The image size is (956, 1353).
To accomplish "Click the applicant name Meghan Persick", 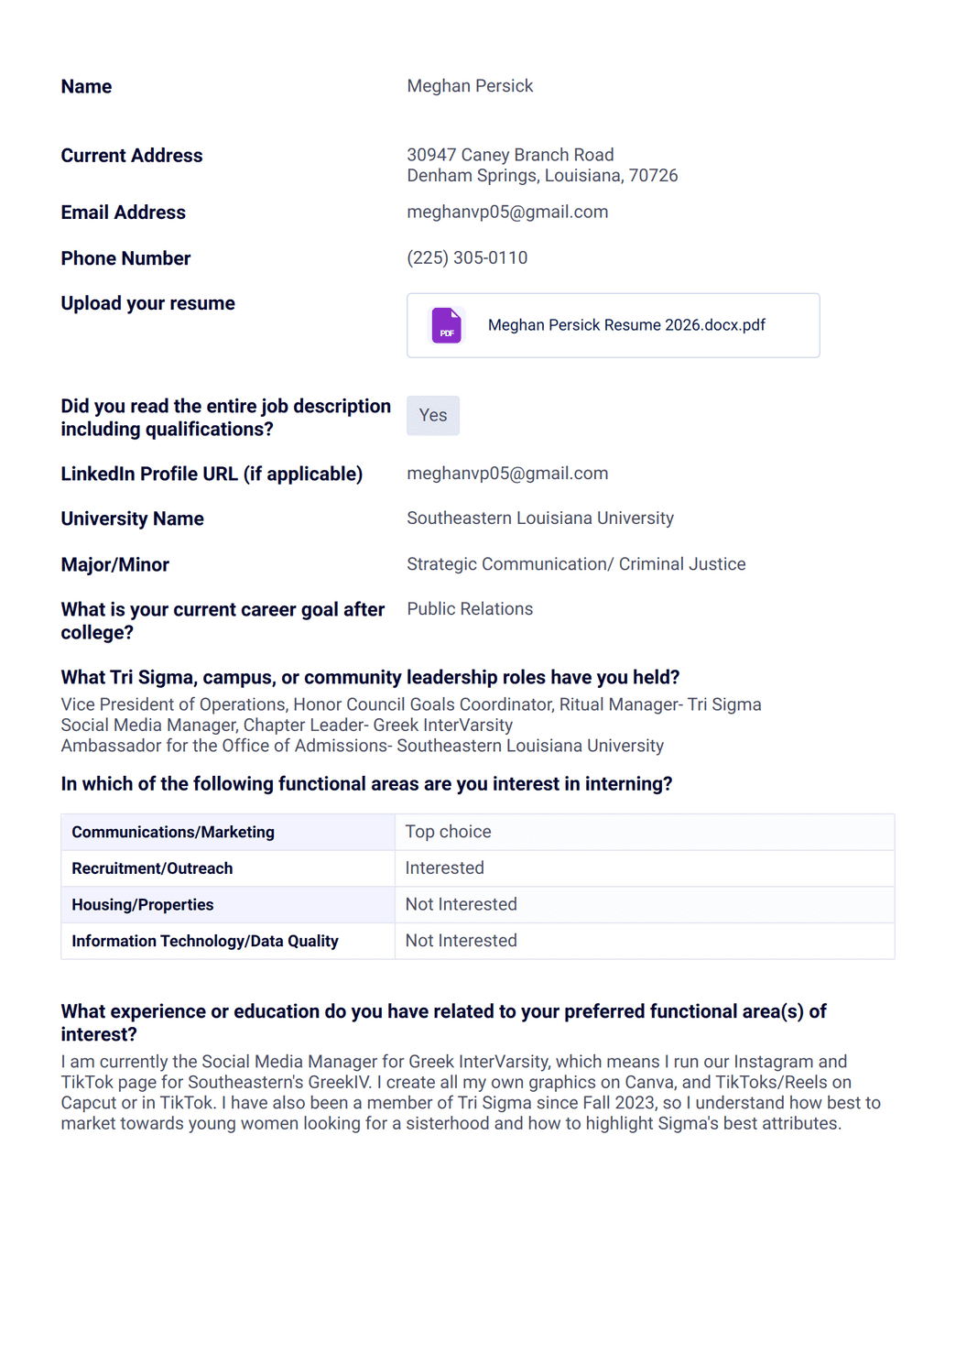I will pyautogui.click(x=470, y=86).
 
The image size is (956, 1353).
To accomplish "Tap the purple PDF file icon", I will pyautogui.click(x=447, y=325).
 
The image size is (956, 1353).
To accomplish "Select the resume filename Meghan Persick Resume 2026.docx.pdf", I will pyautogui.click(x=626, y=325).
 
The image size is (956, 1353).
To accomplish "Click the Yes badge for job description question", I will pyautogui.click(x=433, y=416).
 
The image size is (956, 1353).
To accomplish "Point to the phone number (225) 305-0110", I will pyautogui.click(x=467, y=258).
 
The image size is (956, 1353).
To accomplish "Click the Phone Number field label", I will pyautogui.click(x=125, y=259).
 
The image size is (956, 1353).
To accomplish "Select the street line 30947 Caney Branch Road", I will pyautogui.click(x=510, y=155).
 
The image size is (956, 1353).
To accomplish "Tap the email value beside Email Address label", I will pyautogui.click(x=507, y=213).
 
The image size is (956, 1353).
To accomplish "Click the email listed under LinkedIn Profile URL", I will pyautogui.click(x=507, y=474).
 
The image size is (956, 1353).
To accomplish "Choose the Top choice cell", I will pyautogui.click(x=449, y=832).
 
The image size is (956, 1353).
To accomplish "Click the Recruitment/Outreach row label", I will pyautogui.click(x=152, y=868).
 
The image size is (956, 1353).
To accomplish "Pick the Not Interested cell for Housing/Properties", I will pyautogui.click(x=462, y=905).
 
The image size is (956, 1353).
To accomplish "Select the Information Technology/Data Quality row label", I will pyautogui.click(x=205, y=941).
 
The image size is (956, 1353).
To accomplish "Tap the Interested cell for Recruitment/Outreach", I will pyautogui.click(x=445, y=868).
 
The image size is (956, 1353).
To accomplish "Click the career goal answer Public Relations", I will pyautogui.click(x=470, y=609).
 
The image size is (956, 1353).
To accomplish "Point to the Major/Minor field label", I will pyautogui.click(x=115, y=565).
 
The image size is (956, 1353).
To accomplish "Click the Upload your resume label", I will pyautogui.click(x=148, y=304).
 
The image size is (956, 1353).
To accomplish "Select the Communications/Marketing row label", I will pyautogui.click(x=173, y=832).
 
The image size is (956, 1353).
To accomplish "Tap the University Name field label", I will pyautogui.click(x=133, y=519).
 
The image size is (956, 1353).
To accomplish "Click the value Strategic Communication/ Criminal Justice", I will pyautogui.click(x=576, y=564).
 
